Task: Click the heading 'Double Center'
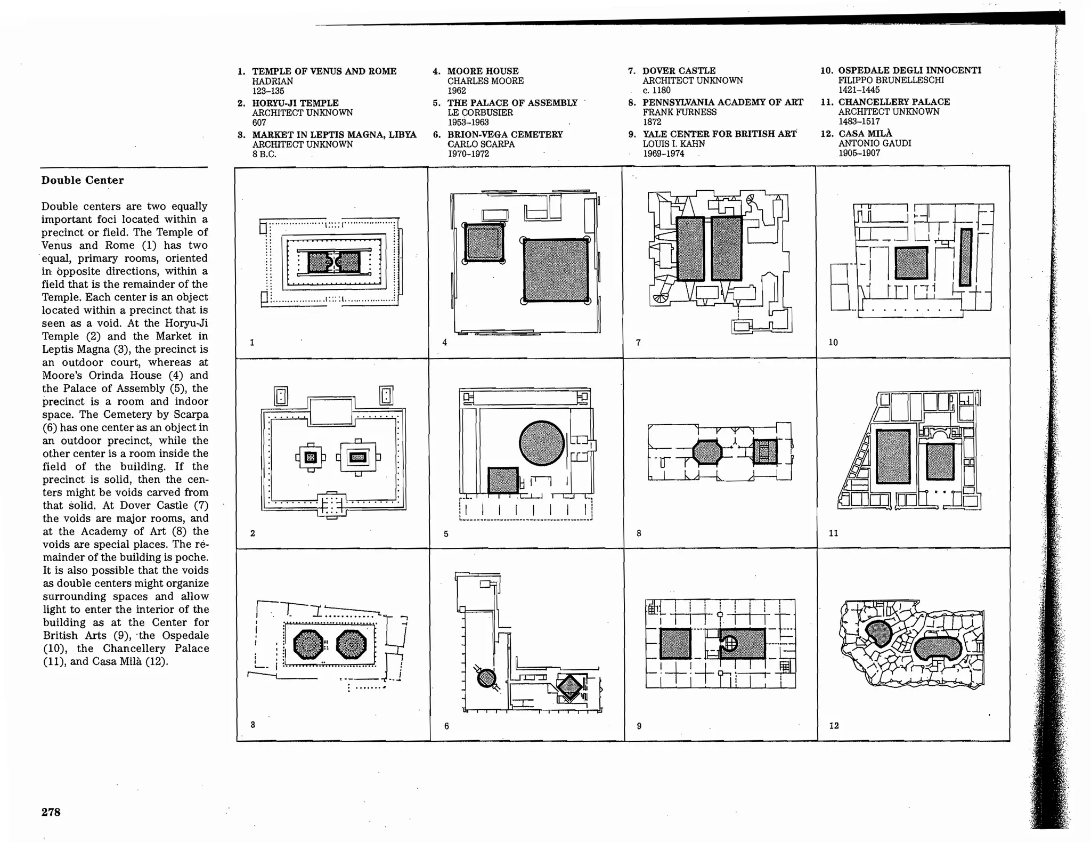click(83, 180)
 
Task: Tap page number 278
click(51, 812)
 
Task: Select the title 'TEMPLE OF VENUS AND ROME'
click(324, 71)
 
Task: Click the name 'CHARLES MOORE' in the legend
click(485, 81)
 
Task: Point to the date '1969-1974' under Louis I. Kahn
click(663, 153)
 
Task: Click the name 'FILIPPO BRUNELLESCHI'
click(891, 80)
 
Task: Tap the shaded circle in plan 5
click(541, 443)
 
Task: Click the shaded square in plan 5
click(503, 480)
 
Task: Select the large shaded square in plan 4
click(556, 270)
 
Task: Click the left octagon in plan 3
click(308, 645)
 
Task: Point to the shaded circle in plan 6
click(486, 678)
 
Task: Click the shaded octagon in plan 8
click(707, 453)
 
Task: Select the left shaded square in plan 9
click(675, 644)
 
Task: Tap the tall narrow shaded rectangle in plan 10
click(965, 257)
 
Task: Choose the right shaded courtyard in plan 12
click(938, 649)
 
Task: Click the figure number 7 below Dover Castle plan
click(638, 343)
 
